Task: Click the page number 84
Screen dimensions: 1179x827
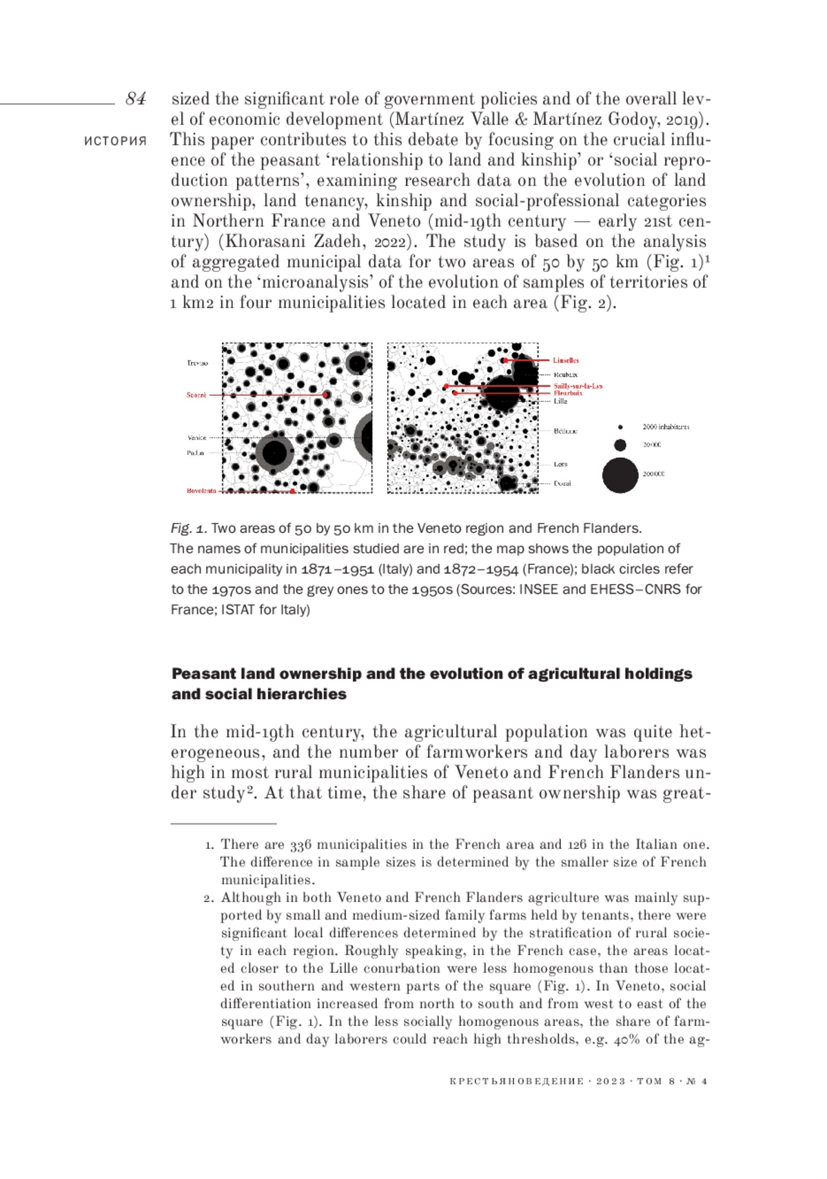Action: [136, 99]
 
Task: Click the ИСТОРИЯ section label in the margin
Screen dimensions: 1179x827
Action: [115, 141]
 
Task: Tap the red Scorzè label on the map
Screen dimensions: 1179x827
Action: [196, 395]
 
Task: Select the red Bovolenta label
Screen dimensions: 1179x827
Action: [201, 491]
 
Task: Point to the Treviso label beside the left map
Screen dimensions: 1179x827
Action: [197, 363]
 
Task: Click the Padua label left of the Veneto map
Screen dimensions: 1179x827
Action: [195, 453]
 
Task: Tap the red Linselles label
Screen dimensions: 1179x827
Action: [566, 361]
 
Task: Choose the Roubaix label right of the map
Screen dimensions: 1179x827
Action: [566, 374]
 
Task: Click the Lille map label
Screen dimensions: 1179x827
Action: [561, 401]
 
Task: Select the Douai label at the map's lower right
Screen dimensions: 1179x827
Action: [562, 483]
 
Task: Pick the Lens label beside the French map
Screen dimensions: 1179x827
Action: [561, 464]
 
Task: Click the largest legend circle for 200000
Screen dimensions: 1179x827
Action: [620, 474]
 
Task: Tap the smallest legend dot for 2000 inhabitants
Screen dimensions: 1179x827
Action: [620, 427]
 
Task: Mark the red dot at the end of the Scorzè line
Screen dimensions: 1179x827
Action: [325, 395]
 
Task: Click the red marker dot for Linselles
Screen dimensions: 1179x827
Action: [505, 361]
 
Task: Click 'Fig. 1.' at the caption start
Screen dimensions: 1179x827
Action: [188, 529]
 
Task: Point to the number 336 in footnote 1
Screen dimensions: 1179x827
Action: [300, 845]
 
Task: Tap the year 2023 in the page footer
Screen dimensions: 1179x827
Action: [610, 1081]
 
